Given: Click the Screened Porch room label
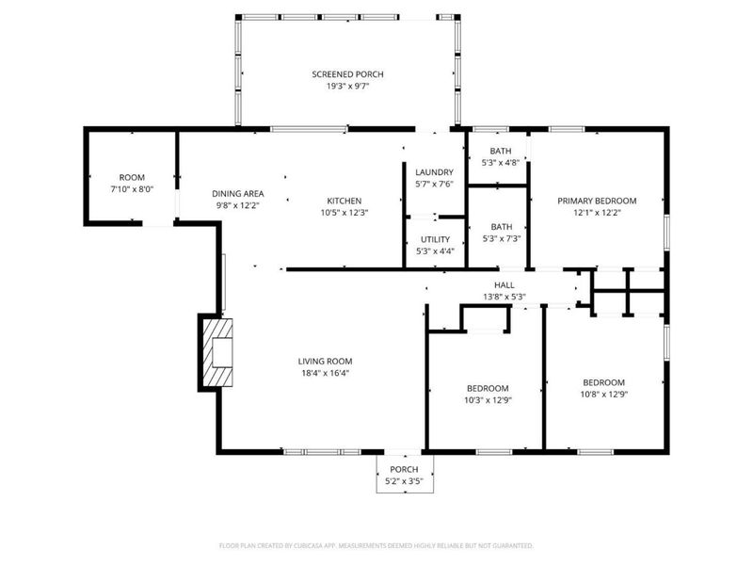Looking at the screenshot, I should tap(347, 74).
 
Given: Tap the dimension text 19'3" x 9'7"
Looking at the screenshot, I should tap(347, 87).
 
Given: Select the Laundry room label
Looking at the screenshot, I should tap(434, 172).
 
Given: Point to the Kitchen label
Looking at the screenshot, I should tap(344, 201).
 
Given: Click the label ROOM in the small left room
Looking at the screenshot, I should tap(131, 177).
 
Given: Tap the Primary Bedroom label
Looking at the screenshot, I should tap(597, 201).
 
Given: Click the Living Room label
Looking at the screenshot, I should tap(325, 361).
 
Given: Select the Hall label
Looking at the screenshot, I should tap(505, 284).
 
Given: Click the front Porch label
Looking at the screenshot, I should tap(404, 470).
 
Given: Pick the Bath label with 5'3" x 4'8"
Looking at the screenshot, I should tap(501, 151).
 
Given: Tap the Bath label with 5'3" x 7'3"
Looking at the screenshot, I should tap(501, 226).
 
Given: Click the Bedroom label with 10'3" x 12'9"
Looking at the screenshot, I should tap(488, 388).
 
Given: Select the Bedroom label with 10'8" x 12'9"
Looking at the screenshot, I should tap(603, 382).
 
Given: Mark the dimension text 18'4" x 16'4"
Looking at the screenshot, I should tap(325, 373).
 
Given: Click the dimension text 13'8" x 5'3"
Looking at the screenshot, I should tap(505, 297).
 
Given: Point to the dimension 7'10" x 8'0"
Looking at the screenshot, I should tap(131, 188).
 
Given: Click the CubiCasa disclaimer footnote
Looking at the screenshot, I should tap(376, 545).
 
